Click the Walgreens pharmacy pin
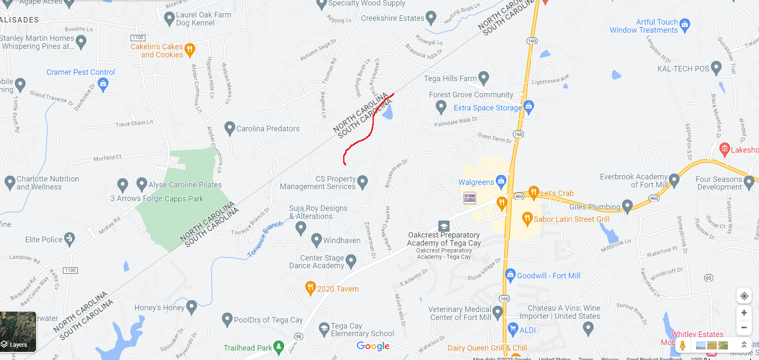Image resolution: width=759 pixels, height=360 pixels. [x=501, y=181]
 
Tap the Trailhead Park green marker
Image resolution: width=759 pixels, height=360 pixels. [x=279, y=347]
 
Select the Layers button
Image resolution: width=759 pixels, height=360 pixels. [x=18, y=332]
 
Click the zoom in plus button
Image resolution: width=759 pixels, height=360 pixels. [x=744, y=313]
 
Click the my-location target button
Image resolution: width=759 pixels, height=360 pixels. [x=744, y=296]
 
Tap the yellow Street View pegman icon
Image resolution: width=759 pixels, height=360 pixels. [x=683, y=345]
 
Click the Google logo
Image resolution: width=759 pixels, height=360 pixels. [x=373, y=346]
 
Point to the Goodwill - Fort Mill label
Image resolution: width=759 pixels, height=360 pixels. [x=549, y=275]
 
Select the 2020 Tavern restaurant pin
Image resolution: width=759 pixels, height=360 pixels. [x=310, y=287]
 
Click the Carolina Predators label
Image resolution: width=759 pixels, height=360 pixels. [x=268, y=129]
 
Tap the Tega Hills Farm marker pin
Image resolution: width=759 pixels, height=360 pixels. [x=483, y=78]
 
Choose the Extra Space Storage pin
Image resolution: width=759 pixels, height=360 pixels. [x=529, y=106]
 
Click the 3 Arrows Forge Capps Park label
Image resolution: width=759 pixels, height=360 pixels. [x=157, y=198]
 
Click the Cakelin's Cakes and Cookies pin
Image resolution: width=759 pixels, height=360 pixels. [x=190, y=49]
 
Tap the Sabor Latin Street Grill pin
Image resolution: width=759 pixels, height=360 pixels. [x=527, y=218]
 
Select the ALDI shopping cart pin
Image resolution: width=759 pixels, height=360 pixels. [x=513, y=329]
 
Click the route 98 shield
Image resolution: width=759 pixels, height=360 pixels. [x=299, y=337]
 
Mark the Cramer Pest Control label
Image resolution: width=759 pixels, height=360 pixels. [x=81, y=72]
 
